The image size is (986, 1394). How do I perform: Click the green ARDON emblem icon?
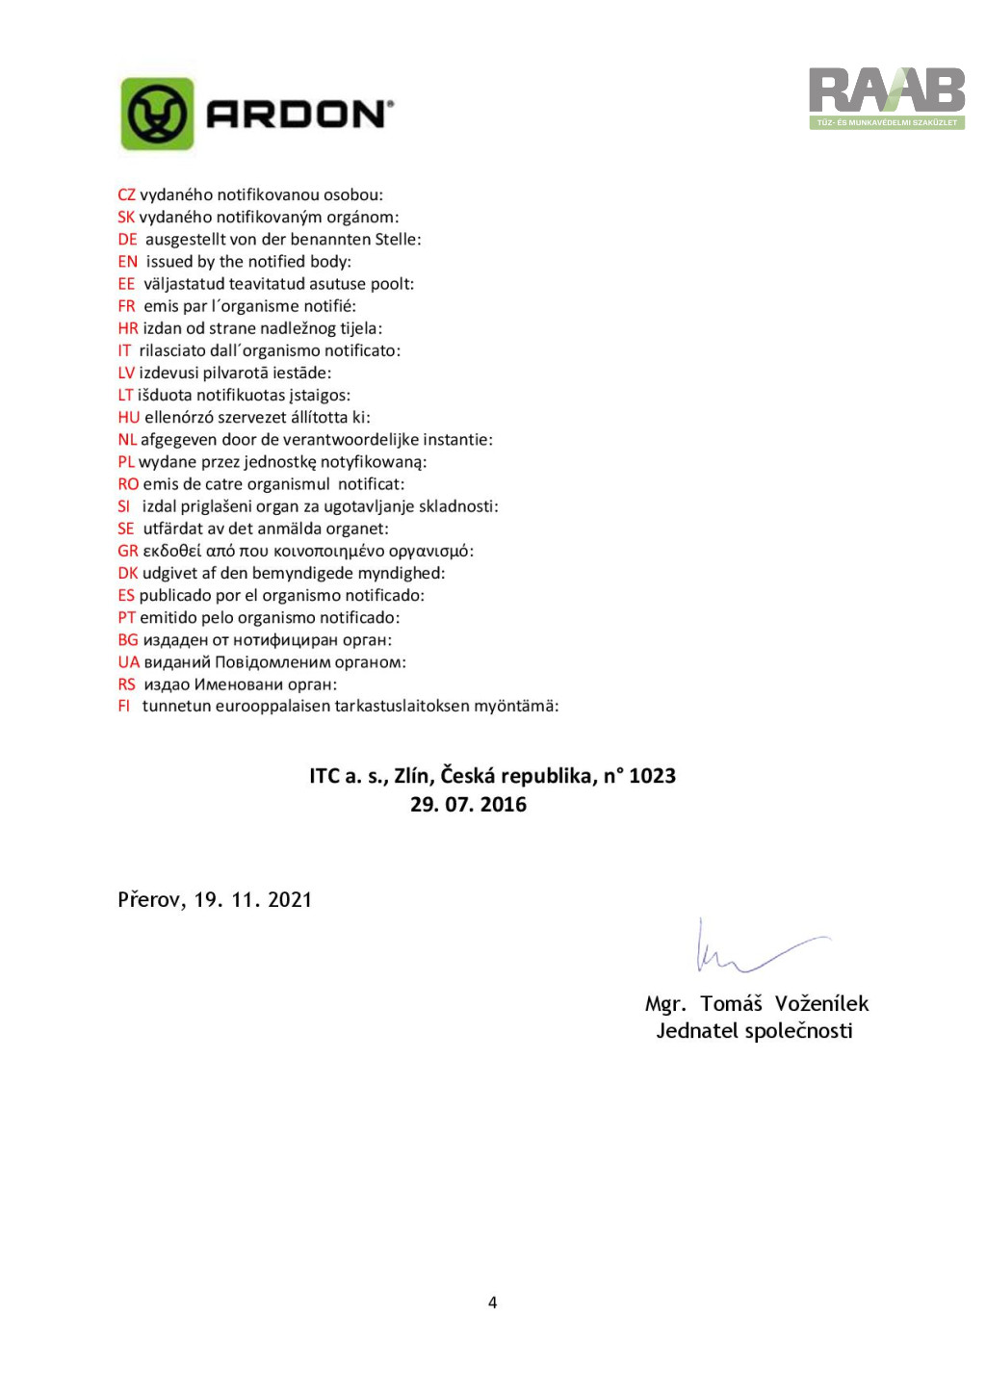pos(157,115)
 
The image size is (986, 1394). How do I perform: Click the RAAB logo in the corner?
pos(886,97)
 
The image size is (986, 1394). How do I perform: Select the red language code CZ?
pos(126,195)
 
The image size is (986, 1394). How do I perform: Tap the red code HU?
pos(128,418)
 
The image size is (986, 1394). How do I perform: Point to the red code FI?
pos(123,707)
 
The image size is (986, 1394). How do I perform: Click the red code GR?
pos(127,552)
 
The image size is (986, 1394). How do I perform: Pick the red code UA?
pos(128,662)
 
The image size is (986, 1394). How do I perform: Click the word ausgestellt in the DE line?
pos(186,240)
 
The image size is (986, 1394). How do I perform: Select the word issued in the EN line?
pos(169,262)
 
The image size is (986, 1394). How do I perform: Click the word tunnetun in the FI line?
pos(174,707)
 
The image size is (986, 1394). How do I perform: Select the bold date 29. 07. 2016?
pos(468,805)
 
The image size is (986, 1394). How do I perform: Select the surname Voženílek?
pos(821,1004)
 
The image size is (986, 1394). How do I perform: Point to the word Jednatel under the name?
pos(696,1031)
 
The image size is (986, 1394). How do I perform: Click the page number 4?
pos(492,1303)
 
